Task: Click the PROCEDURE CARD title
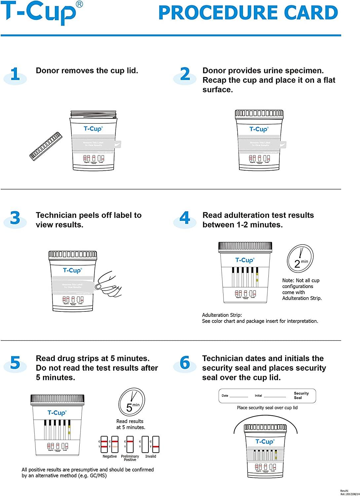click(248, 13)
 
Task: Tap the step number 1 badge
click(15, 74)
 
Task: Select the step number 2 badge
click(185, 74)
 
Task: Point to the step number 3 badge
click(15, 219)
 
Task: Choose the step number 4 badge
click(185, 219)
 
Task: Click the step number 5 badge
click(15, 363)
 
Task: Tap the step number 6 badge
click(185, 363)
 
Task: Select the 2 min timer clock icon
click(300, 258)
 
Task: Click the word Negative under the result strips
click(109, 456)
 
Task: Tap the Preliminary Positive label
click(130, 458)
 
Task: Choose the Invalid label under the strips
click(150, 456)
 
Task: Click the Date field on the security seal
click(235, 395)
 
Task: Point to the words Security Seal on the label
click(301, 395)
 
